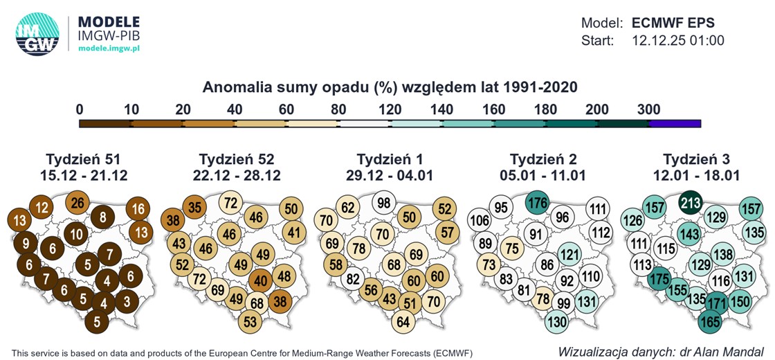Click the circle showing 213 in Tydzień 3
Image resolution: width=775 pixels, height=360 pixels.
pyautogui.click(x=690, y=203)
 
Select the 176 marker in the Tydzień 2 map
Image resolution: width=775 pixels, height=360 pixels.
pyautogui.click(x=537, y=204)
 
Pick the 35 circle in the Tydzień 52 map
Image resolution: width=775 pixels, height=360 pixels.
pyautogui.click(x=195, y=207)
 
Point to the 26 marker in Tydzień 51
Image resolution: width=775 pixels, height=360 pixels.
pyautogui.click(x=78, y=204)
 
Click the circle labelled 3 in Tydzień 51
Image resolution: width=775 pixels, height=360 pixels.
pyautogui.click(x=126, y=302)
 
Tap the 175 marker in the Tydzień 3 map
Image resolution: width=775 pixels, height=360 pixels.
pyautogui.click(x=660, y=279)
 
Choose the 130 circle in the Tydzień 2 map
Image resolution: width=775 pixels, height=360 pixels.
pyautogui.click(x=556, y=322)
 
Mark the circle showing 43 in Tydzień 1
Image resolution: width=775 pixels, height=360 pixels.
pyautogui.click(x=390, y=299)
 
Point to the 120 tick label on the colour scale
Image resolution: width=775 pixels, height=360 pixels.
pyautogui.click(x=390, y=109)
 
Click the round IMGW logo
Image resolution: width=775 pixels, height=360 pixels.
pyautogui.click(x=37, y=34)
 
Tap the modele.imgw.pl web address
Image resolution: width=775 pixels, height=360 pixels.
pyautogui.click(x=109, y=48)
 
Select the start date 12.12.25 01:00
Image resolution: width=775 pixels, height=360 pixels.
pyautogui.click(x=678, y=41)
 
